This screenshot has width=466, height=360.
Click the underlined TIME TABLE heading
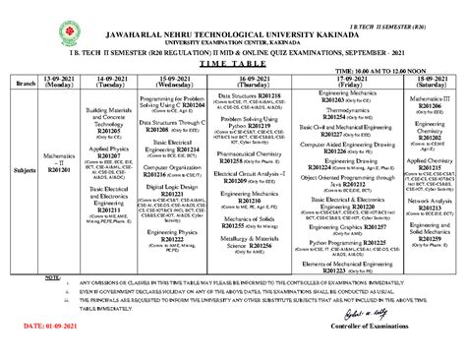[233, 61]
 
